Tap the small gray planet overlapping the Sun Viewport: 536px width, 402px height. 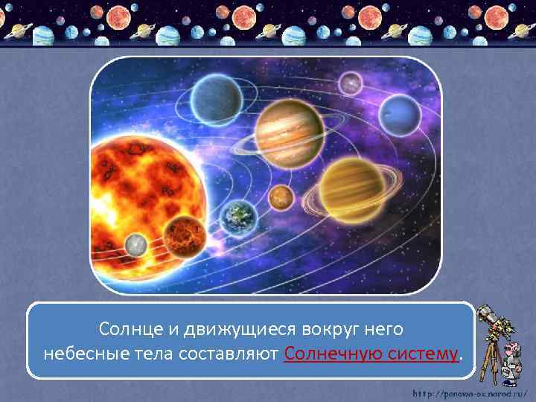(x=136, y=244)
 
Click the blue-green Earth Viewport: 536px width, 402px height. (x=238, y=216)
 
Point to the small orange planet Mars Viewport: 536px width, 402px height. (x=281, y=197)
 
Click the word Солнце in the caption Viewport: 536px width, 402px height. (x=129, y=328)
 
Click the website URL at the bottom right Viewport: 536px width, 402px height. (x=470, y=392)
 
